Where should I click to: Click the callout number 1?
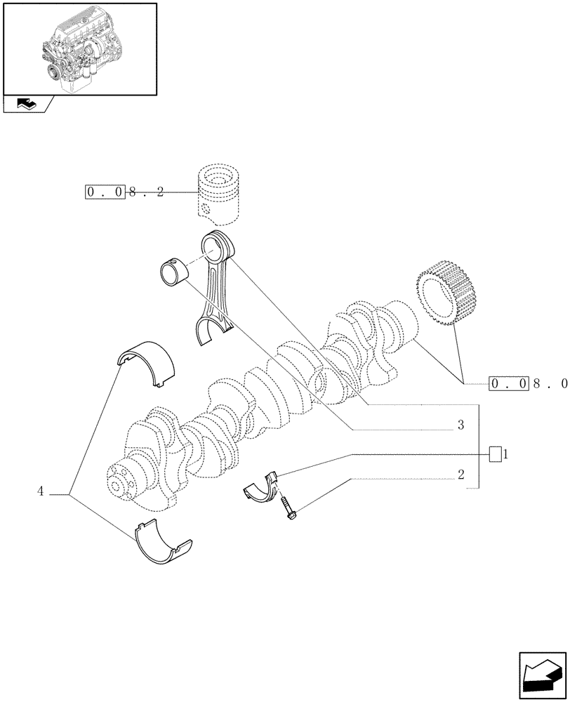[505, 454]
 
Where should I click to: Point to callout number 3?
[460, 425]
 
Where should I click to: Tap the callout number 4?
[41, 492]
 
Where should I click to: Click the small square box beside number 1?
[495, 454]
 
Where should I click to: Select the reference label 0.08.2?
[125, 192]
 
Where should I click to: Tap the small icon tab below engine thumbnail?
[27, 105]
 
